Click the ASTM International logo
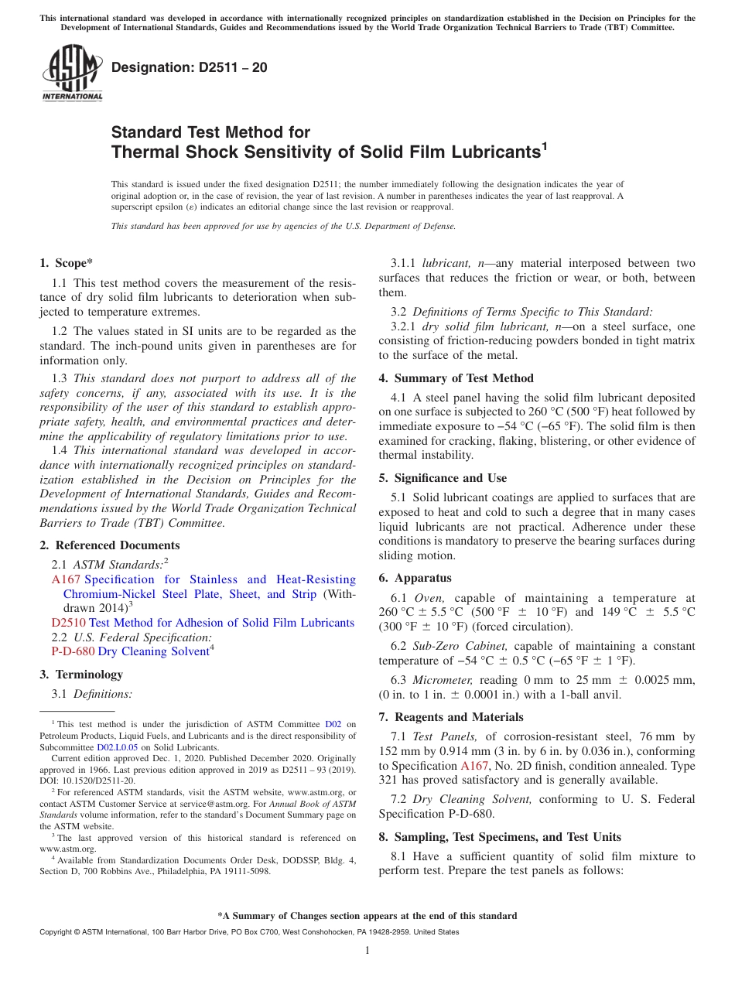pos(72,73)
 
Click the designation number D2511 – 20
pos(190,67)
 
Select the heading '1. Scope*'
pos(67,263)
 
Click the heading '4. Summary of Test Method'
pos(456,378)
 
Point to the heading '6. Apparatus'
pos(415,578)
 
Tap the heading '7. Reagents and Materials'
pos(450,717)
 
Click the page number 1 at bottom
pos(367,951)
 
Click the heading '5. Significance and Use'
pos(443,478)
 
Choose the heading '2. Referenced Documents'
pos(109,545)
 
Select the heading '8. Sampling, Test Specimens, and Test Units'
pos(500,837)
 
